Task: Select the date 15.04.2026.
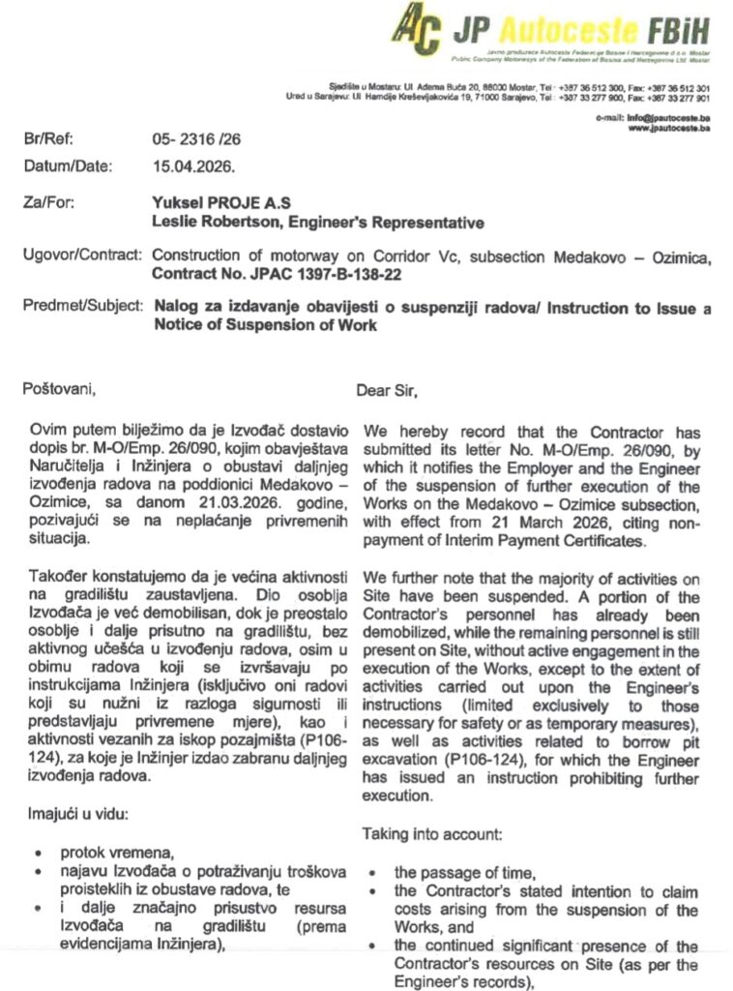(192, 165)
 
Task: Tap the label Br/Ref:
(47, 139)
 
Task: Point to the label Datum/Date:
(68, 165)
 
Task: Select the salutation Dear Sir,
(387, 391)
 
